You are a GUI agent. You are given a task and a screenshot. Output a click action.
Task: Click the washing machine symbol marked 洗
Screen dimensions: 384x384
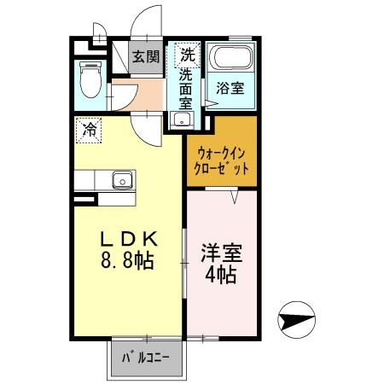click(186, 55)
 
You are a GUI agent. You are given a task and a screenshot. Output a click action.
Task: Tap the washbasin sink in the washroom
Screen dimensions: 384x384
click(180, 119)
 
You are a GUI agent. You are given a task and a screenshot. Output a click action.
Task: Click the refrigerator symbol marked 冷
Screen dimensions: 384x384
click(89, 129)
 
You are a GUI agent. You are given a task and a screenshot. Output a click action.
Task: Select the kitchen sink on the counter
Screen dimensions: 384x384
click(120, 180)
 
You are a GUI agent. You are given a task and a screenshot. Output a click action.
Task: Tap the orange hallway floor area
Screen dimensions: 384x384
click(147, 96)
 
